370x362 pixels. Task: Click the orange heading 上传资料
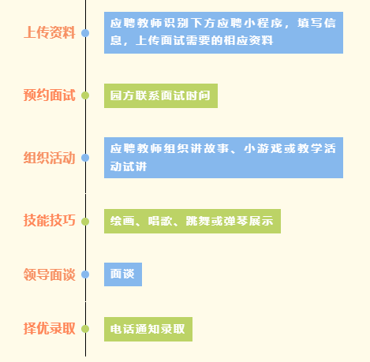(x=50, y=32)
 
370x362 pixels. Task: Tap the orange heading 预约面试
(x=50, y=95)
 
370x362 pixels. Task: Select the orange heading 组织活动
(x=50, y=158)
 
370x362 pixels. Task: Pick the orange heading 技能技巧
(x=50, y=220)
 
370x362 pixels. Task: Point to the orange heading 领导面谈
(x=50, y=274)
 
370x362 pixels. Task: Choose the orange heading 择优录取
(x=50, y=329)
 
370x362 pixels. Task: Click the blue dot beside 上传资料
(x=85, y=33)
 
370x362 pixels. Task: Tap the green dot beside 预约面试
(x=85, y=95)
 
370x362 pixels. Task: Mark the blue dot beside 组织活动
(x=85, y=158)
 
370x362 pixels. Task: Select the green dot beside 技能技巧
(x=85, y=222)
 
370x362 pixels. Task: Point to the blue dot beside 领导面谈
(x=85, y=274)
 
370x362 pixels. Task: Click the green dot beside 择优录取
(x=85, y=329)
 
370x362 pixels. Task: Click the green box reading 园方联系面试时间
(x=161, y=95)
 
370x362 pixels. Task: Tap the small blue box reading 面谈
(x=123, y=274)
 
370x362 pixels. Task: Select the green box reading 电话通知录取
(x=148, y=329)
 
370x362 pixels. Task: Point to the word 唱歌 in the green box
(x=160, y=221)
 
